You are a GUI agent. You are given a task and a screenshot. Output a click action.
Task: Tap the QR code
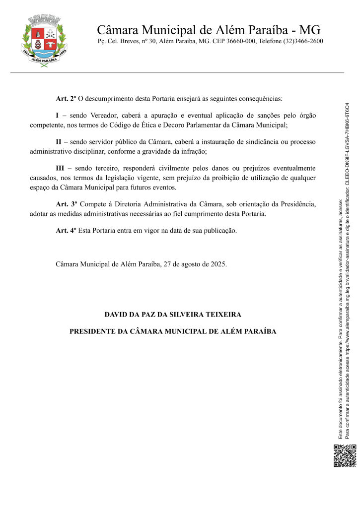pyautogui.click(x=345, y=456)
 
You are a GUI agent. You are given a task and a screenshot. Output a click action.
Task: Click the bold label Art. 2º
pyautogui.click(x=66, y=98)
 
